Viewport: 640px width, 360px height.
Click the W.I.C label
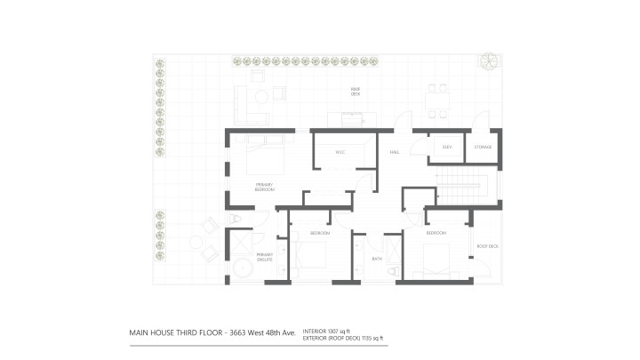click(340, 152)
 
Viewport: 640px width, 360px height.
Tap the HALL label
click(395, 152)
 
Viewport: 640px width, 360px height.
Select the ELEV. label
click(448, 147)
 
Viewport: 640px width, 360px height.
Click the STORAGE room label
click(483, 147)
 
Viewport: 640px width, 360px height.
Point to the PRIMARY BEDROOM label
click(265, 187)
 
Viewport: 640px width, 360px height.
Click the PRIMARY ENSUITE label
click(265, 258)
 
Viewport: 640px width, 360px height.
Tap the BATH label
click(377, 260)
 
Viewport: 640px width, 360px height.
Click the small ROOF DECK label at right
click(488, 246)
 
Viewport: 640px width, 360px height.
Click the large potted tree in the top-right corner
click(488, 61)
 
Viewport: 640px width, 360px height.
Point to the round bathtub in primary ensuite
click(241, 268)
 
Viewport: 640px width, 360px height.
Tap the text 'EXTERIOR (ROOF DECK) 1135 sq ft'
click(345, 339)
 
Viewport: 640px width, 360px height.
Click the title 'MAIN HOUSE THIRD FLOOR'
click(177, 335)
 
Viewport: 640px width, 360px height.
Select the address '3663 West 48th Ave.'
click(264, 335)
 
